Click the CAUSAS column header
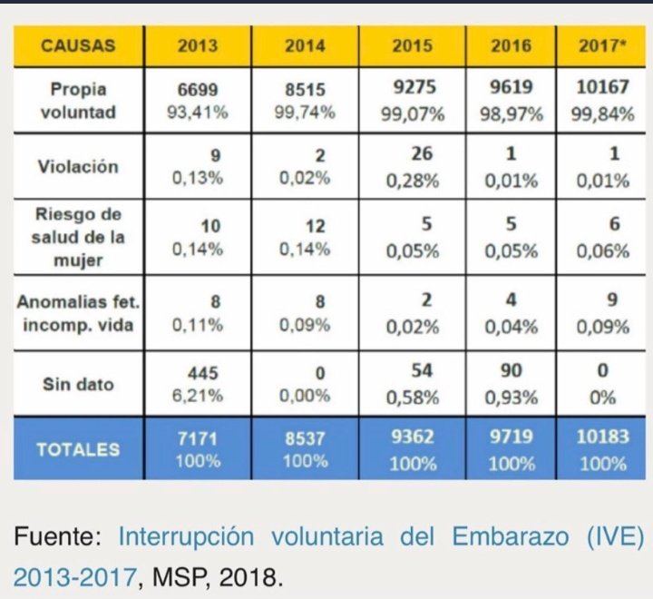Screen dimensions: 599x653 click(78, 46)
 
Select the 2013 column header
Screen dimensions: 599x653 click(198, 46)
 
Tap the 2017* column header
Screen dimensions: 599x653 click(603, 46)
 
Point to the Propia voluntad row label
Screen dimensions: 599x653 click(78, 101)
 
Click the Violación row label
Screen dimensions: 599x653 click(78, 166)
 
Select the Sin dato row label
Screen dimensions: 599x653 click(78, 384)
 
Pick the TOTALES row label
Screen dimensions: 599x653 click(78, 448)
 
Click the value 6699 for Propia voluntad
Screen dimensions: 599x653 click(198, 90)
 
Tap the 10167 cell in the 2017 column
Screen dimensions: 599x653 click(603, 90)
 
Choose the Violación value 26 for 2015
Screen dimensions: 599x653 click(412, 154)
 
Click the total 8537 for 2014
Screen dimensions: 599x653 click(305, 438)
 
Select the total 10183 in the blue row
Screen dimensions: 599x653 click(603, 437)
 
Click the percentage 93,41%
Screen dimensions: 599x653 click(198, 113)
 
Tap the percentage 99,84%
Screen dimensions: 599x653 click(603, 113)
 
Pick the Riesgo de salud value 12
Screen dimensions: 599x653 click(305, 226)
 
